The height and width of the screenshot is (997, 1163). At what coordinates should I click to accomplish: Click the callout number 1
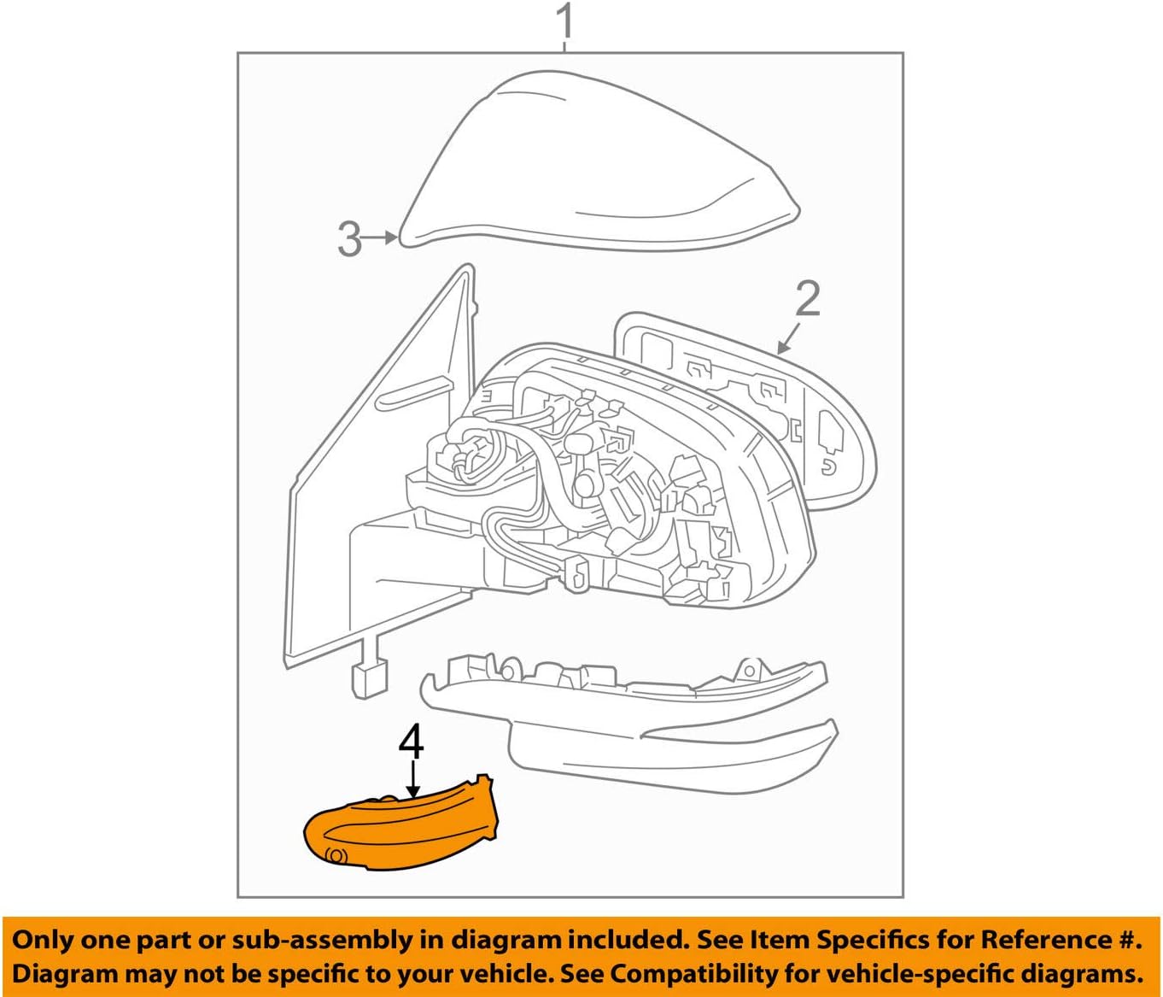[564, 23]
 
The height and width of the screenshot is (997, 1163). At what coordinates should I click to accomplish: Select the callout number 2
[807, 299]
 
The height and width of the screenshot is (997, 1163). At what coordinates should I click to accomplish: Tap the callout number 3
[350, 238]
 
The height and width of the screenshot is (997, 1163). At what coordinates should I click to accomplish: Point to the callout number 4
[411, 742]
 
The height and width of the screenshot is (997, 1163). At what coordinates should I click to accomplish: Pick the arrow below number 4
[412, 779]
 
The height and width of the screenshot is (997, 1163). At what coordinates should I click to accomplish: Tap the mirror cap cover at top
[598, 162]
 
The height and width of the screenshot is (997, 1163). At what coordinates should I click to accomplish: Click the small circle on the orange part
[336, 855]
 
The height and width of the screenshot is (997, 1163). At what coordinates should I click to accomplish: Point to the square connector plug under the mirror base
[369, 679]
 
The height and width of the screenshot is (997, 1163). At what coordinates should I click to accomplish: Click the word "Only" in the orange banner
[43, 940]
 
